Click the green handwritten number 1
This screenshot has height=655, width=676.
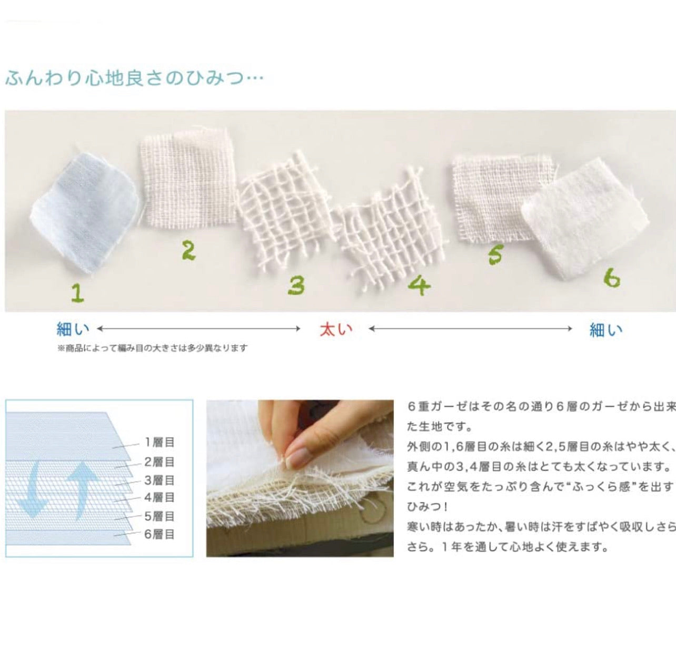(77, 292)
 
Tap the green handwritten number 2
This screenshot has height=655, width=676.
(188, 251)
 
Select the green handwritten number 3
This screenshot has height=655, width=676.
(296, 286)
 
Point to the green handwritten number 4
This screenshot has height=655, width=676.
(419, 286)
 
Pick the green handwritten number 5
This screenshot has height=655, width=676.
(495, 255)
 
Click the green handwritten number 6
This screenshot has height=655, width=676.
(612, 279)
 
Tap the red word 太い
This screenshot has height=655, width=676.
(336, 329)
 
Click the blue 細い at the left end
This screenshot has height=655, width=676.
(73, 329)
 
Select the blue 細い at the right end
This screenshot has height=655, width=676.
(606, 329)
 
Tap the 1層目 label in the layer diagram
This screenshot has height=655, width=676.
(159, 442)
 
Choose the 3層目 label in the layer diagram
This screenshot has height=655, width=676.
(159, 481)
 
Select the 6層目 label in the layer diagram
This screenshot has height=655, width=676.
(159, 534)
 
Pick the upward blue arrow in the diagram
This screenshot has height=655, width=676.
(82, 489)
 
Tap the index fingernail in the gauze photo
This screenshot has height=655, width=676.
(298, 456)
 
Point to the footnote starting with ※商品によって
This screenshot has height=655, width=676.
(153, 348)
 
